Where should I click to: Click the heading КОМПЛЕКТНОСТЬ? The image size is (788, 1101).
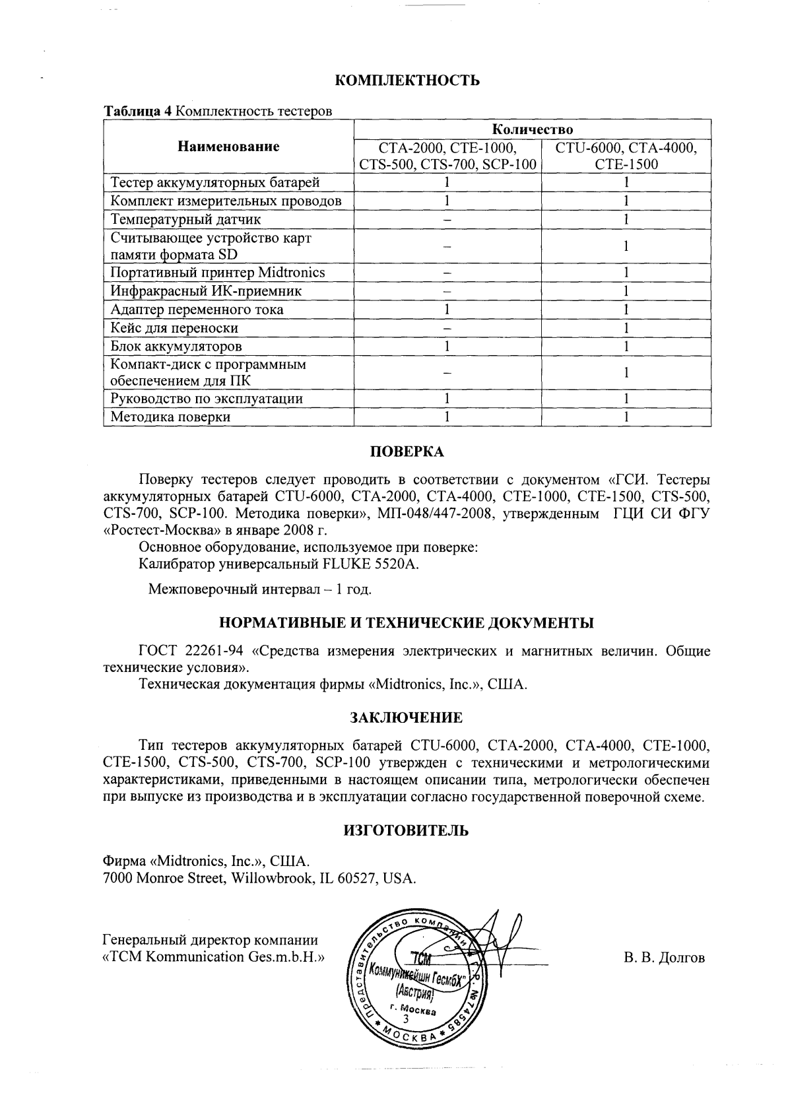click(x=407, y=81)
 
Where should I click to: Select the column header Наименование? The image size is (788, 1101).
click(x=228, y=147)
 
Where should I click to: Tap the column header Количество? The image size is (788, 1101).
click(x=533, y=128)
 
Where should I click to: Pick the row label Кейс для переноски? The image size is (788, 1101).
click(x=174, y=328)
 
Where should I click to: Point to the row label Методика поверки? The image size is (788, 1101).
click(x=170, y=417)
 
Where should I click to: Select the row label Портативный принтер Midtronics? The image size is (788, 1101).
click(x=218, y=273)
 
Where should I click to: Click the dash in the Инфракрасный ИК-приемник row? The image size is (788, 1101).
click(x=447, y=291)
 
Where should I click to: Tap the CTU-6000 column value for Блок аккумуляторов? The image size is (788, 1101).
click(x=626, y=346)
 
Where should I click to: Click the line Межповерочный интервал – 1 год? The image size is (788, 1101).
click(x=260, y=589)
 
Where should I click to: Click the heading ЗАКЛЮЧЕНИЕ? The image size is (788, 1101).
click(x=406, y=717)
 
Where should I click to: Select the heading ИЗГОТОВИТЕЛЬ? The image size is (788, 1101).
click(x=407, y=830)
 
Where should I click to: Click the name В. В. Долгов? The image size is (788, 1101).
click(x=664, y=957)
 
